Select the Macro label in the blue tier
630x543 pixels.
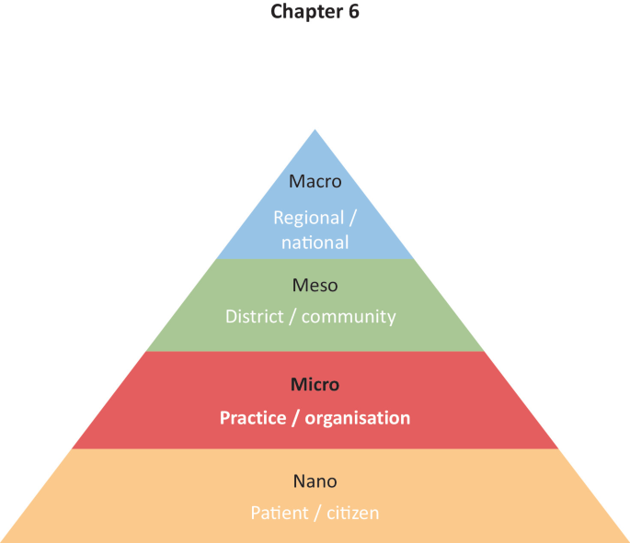coord(315,181)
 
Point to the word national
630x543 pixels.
coord(315,243)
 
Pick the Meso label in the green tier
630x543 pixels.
coord(315,286)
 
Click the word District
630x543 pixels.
coord(252,317)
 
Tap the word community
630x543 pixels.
coord(349,317)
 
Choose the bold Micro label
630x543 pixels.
coord(315,384)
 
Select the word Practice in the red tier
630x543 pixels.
coord(250,418)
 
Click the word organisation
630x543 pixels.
coord(358,418)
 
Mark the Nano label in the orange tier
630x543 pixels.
coord(315,481)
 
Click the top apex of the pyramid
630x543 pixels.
coord(315,131)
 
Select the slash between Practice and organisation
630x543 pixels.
coord(293,418)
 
